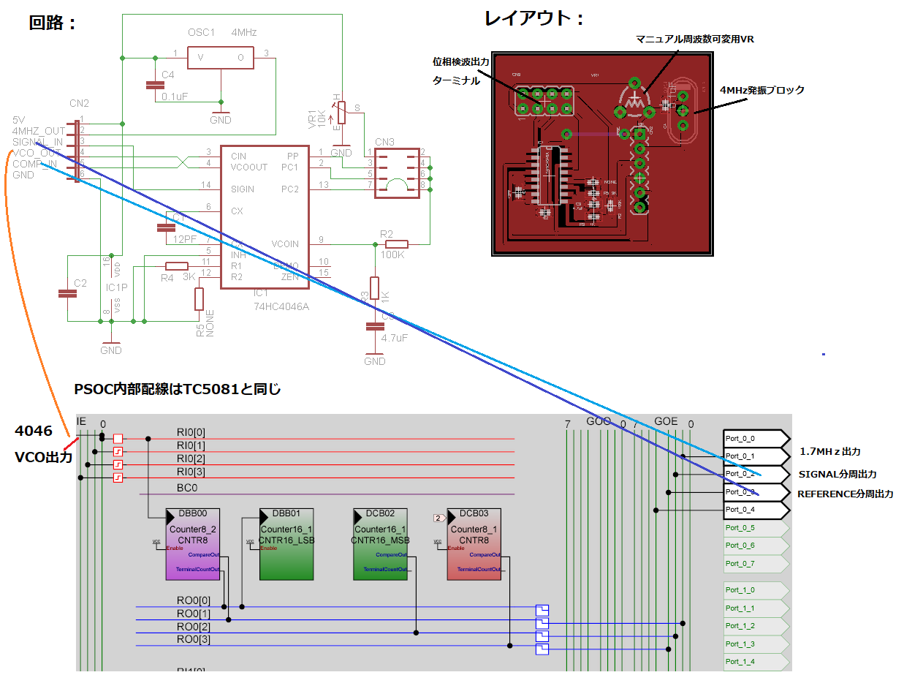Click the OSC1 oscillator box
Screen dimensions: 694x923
[x=220, y=58]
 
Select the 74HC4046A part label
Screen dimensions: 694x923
[x=281, y=306]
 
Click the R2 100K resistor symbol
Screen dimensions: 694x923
[x=396, y=244]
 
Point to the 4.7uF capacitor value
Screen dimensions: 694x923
[x=395, y=339]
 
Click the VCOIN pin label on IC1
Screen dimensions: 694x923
[x=285, y=244]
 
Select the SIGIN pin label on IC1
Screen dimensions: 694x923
[x=243, y=189]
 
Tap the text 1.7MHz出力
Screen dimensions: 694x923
[x=829, y=452]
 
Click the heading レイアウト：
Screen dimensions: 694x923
[x=535, y=19]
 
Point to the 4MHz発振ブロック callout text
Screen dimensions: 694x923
[x=762, y=90]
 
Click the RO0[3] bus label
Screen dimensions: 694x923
[x=193, y=640]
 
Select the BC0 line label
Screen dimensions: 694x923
[x=187, y=488]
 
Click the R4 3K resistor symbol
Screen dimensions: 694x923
[x=177, y=266]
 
